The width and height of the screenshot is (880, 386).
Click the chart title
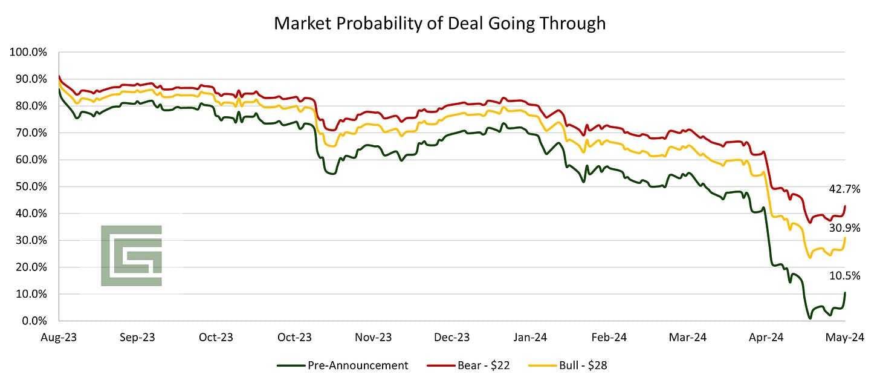pos(439,23)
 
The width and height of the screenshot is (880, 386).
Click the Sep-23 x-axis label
pos(137,337)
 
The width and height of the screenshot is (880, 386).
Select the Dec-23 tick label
pos(452,337)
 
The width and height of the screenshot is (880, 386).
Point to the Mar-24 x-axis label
pos(688,337)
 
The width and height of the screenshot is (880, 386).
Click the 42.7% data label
pos(844,189)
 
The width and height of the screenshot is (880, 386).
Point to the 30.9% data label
pos(844,228)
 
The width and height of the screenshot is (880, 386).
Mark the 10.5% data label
pos(844,276)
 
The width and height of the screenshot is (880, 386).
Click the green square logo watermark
pos(131,255)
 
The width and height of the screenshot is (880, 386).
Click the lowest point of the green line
pos(809,318)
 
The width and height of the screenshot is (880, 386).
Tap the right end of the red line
pos(845,206)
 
